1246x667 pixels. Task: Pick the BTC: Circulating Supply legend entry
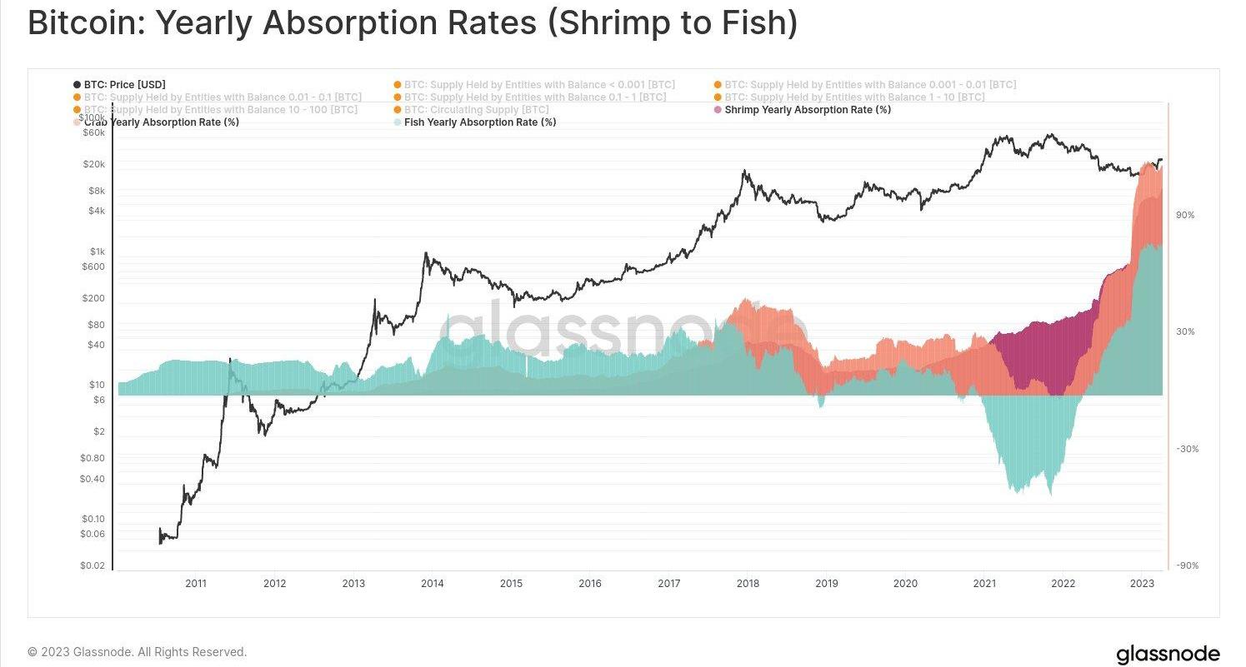click(476, 110)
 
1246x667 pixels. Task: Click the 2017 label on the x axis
click(668, 584)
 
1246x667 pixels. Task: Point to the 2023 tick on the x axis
click(1141, 584)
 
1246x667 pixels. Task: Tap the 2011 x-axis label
click(196, 584)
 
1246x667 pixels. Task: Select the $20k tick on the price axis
click(93, 164)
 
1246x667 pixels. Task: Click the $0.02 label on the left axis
click(93, 566)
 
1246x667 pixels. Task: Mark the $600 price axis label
click(93, 267)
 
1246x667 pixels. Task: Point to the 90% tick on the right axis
click(1185, 215)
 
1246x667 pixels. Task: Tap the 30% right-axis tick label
click(1185, 331)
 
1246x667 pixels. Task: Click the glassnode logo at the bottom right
click(1167, 654)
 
